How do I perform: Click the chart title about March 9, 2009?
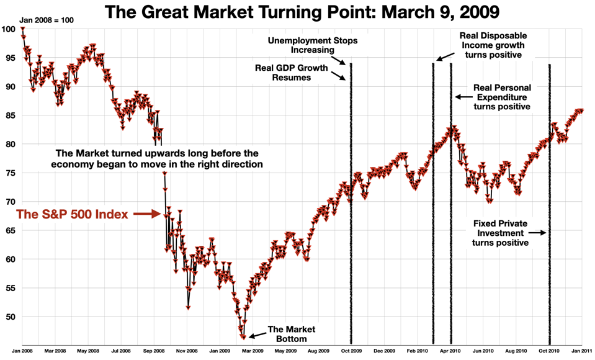(302, 12)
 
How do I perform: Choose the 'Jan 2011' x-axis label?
(581, 351)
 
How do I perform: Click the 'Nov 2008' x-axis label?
(187, 351)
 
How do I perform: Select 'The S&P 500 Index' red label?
(72, 215)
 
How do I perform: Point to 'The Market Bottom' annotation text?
(291, 334)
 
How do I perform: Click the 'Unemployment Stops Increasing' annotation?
(304, 45)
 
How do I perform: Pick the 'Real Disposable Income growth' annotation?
(493, 45)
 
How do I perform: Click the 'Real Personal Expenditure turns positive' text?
(502, 97)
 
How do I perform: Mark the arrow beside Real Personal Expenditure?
(462, 97)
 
